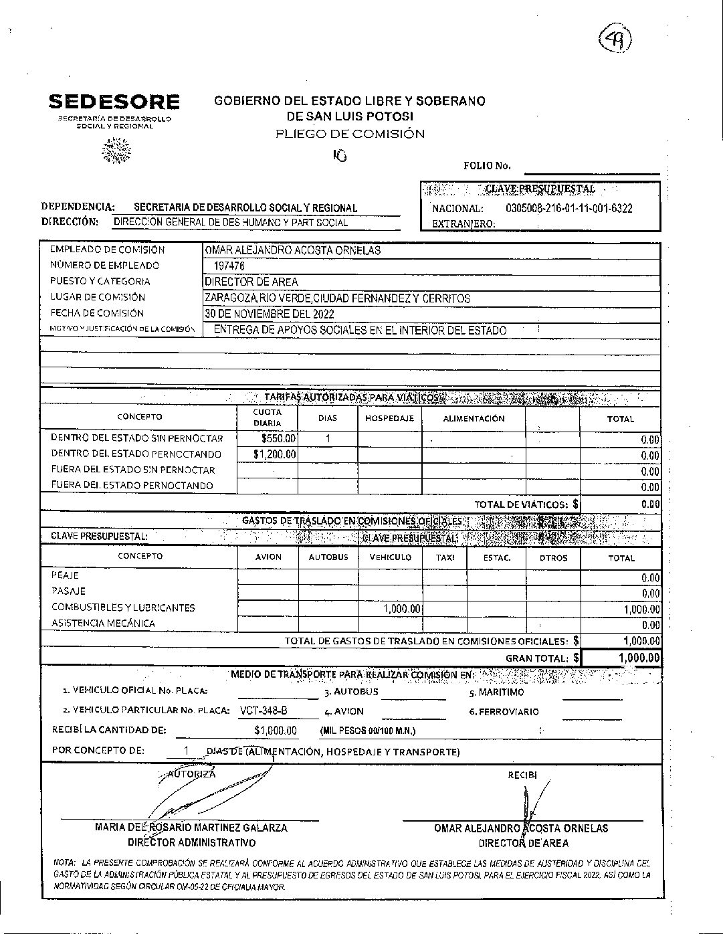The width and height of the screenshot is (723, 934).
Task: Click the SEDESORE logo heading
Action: (x=114, y=102)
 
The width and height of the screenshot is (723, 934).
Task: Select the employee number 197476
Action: (x=225, y=266)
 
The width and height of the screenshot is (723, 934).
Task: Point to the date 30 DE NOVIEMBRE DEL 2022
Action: (x=270, y=314)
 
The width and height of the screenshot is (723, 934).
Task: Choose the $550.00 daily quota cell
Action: (x=278, y=439)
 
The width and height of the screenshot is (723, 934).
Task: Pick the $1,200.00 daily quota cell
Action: (x=275, y=455)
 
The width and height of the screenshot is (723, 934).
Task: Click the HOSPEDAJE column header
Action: (x=389, y=418)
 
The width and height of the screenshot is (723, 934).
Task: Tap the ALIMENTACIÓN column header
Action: (x=474, y=418)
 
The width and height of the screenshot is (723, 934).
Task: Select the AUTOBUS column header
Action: (x=328, y=557)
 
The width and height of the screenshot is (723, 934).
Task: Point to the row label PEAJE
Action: (x=65, y=575)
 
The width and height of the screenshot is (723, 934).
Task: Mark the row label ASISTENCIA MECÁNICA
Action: (x=103, y=624)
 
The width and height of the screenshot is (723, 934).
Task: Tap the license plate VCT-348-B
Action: (x=263, y=711)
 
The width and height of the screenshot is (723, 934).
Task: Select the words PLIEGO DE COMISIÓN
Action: (x=350, y=134)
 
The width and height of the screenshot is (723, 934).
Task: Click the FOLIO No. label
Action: (x=486, y=166)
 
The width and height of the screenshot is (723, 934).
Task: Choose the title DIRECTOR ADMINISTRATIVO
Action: (x=191, y=843)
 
